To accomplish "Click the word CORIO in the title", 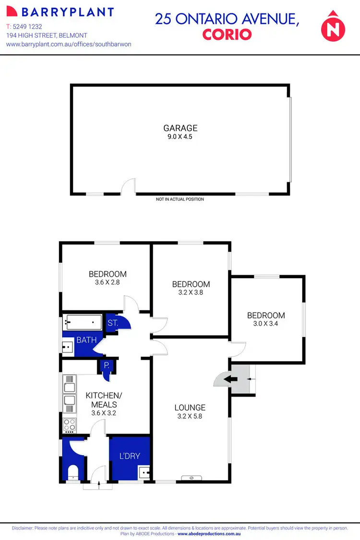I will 227,35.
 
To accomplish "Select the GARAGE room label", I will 180,128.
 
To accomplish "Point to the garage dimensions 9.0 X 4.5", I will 180,137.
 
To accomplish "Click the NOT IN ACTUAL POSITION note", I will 180,199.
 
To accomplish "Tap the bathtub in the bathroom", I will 82,321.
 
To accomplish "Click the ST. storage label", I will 113,323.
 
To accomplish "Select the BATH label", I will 86,340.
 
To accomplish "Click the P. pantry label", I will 107,365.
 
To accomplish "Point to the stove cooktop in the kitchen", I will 70,424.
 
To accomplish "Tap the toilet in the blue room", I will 73,472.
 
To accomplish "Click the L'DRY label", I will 130,456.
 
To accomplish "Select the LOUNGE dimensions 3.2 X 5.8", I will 190,416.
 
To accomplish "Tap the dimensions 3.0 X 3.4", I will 266,324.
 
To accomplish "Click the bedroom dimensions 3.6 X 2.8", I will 108,282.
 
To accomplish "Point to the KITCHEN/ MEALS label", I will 104,400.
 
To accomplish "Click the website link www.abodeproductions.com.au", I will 209,534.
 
